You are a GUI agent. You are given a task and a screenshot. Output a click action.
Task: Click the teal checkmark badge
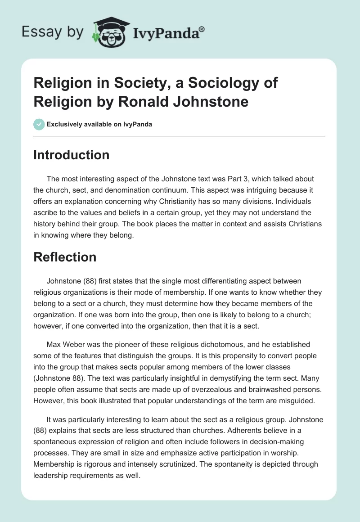pyautogui.click(x=39, y=124)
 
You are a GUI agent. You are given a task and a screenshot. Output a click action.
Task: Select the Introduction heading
pyautogui.click(x=72, y=155)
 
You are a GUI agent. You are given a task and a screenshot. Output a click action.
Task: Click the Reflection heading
pyautogui.click(x=65, y=257)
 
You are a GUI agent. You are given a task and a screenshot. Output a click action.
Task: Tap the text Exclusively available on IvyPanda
pyautogui.click(x=99, y=124)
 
